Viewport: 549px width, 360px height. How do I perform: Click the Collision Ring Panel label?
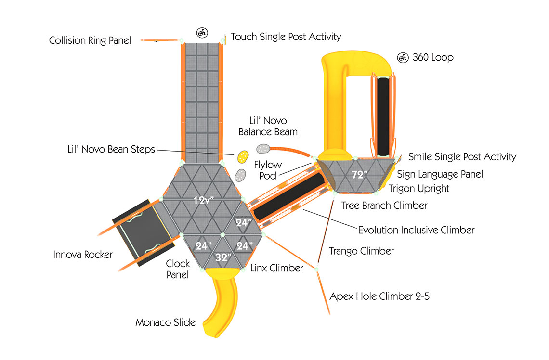point(90,40)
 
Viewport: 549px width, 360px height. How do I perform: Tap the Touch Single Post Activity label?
point(286,37)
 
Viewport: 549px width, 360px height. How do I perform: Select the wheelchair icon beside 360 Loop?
point(403,57)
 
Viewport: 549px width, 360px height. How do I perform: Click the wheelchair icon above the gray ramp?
point(202,33)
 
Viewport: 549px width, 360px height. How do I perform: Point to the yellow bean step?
point(243,156)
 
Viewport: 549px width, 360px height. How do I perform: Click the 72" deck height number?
point(359,174)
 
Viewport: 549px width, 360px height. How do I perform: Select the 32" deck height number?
point(223,257)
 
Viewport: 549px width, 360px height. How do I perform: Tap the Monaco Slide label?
point(165,322)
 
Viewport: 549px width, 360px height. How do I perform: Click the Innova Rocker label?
point(83,254)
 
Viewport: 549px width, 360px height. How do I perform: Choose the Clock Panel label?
point(178,269)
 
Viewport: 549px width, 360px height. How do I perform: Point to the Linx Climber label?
point(276,268)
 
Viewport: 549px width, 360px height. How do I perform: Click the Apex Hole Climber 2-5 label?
point(379,296)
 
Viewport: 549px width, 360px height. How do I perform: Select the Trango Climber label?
point(361,251)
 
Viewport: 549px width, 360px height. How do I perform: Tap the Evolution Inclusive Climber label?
point(416,230)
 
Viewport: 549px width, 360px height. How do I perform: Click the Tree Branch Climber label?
point(384,206)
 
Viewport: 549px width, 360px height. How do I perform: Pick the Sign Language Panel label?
point(440,174)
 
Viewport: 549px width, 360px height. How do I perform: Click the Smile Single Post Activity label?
point(462,157)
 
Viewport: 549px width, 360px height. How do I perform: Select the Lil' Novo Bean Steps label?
point(111,149)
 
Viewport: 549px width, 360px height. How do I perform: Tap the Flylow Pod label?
point(268,170)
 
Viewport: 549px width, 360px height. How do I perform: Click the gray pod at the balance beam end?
point(263,149)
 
